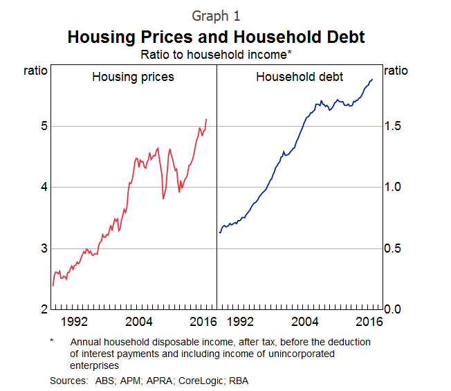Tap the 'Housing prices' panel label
(x=133, y=77)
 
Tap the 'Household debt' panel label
(x=300, y=77)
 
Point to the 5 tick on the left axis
(x=43, y=126)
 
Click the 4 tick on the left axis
(x=43, y=187)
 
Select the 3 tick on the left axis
(x=43, y=248)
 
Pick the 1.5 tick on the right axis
(x=392, y=126)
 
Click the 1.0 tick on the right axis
(x=392, y=187)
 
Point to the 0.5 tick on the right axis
(x=392, y=248)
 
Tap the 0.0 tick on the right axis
(x=392, y=309)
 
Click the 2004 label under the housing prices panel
(x=139, y=322)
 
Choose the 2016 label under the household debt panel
(x=369, y=322)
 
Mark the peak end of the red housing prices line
(x=206, y=120)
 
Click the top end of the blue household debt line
(x=372, y=80)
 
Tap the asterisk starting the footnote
(x=52, y=341)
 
